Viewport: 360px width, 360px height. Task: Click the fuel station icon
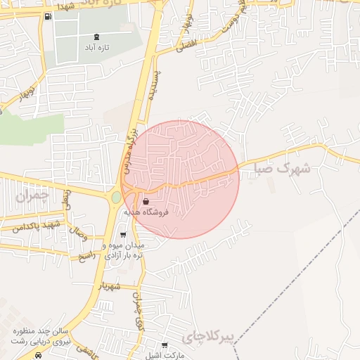[x=47, y=16]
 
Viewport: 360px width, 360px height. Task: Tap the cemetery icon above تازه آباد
[x=96, y=37]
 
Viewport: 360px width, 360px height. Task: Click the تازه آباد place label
[x=96, y=49]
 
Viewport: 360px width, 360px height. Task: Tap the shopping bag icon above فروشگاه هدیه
[x=146, y=201]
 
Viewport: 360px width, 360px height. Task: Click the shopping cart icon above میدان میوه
[x=124, y=236]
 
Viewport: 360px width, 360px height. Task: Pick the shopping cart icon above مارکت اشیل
[x=165, y=345]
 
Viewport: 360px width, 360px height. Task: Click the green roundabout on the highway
[x=116, y=198]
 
